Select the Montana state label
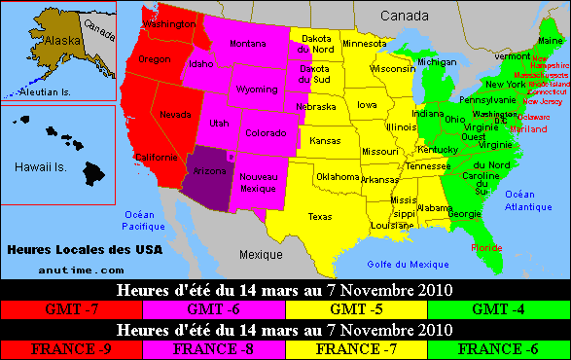(x=248, y=43)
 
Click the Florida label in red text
(x=486, y=247)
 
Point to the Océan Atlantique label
(x=528, y=199)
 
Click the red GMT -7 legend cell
(x=71, y=309)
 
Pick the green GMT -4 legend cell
(x=499, y=309)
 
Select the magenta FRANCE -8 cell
(x=214, y=348)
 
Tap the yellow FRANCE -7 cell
(x=356, y=348)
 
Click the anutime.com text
(x=83, y=270)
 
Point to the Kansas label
(x=324, y=141)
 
